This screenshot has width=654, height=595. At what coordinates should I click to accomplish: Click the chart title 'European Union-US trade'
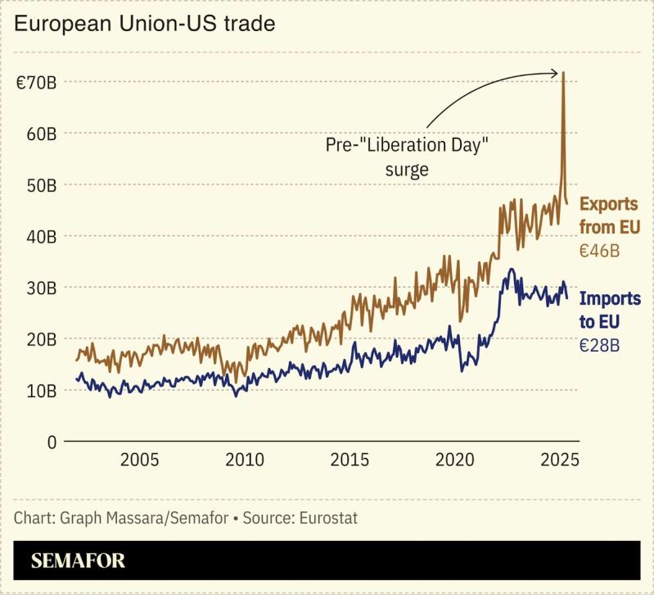[x=145, y=24]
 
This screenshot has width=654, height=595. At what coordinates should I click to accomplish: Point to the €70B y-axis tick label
[x=36, y=82]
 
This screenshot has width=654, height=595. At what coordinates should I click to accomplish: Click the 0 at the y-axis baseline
[x=51, y=442]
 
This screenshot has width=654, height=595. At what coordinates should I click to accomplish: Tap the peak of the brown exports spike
[x=564, y=72]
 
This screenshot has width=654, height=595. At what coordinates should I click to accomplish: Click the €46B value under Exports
[x=599, y=251]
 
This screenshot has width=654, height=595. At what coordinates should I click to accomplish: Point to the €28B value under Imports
[x=599, y=345]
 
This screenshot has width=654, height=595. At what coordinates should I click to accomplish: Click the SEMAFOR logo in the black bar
[x=79, y=561]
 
